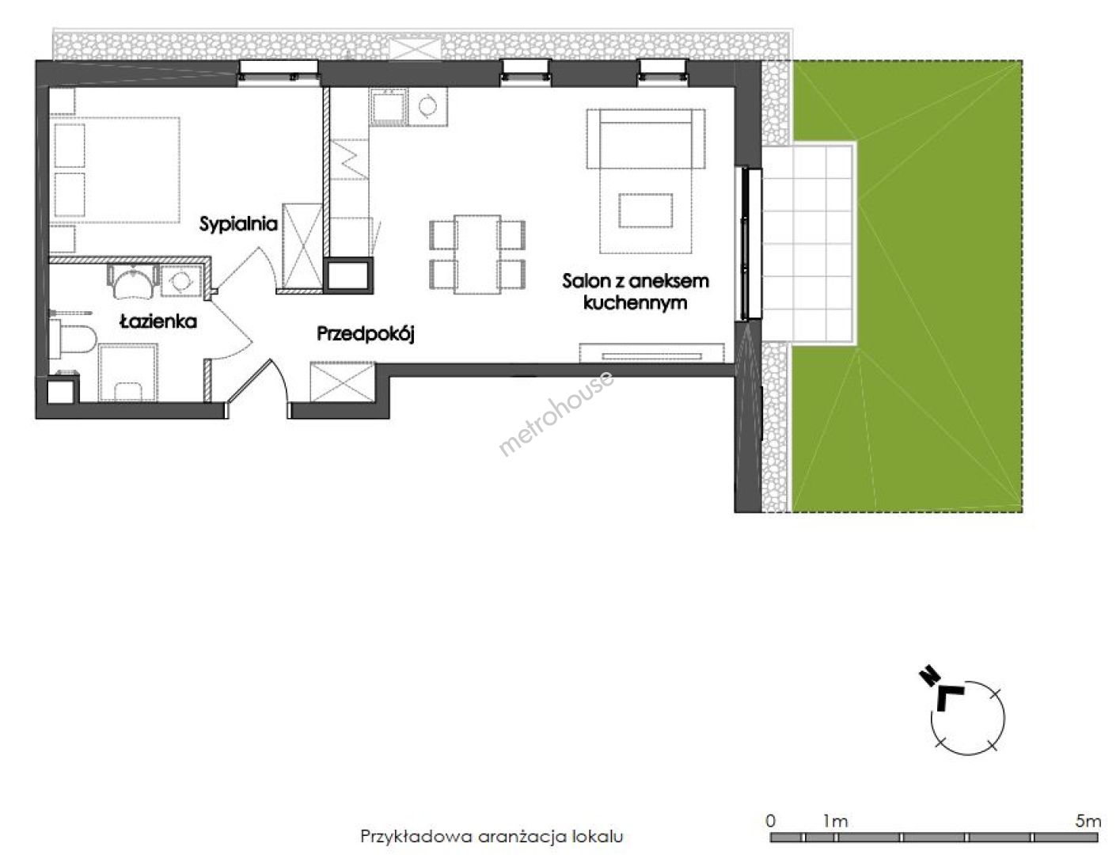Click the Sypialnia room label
[x=238, y=224]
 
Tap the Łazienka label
[x=158, y=321]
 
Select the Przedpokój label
[x=366, y=333]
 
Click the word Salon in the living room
[x=587, y=280]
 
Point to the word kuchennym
[x=636, y=302]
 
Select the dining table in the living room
[x=477, y=255]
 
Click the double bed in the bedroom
[x=115, y=170]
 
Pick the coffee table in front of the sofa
[x=645, y=210]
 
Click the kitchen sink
[x=389, y=107]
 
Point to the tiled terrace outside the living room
[x=807, y=244]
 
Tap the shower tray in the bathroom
[x=128, y=372]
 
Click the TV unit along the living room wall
[x=651, y=353]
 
